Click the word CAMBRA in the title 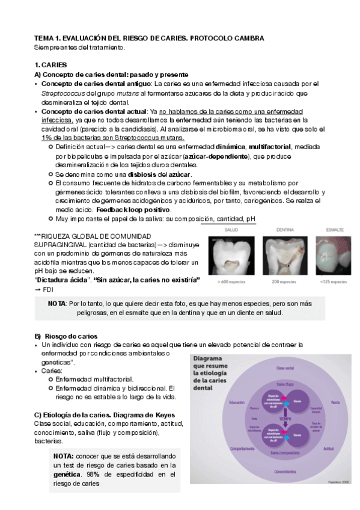point(245,37)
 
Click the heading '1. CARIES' point(50,64)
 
